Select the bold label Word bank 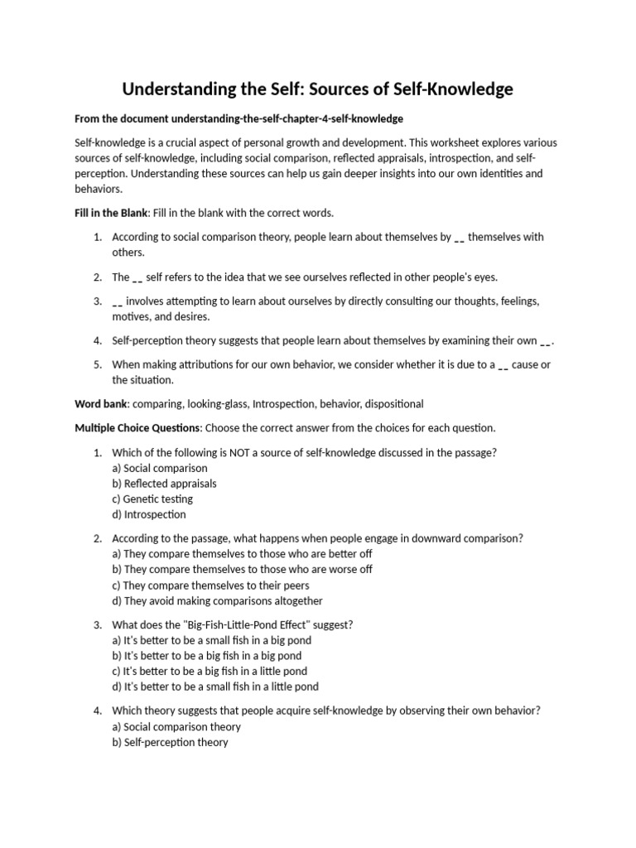click(x=101, y=404)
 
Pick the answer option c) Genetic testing click(x=152, y=499)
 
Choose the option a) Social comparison click(x=160, y=468)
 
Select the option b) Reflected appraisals click(x=164, y=484)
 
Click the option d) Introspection click(x=149, y=515)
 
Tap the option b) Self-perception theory click(x=170, y=743)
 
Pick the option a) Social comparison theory click(x=176, y=727)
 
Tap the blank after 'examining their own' click(x=545, y=341)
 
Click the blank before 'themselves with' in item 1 click(x=460, y=238)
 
